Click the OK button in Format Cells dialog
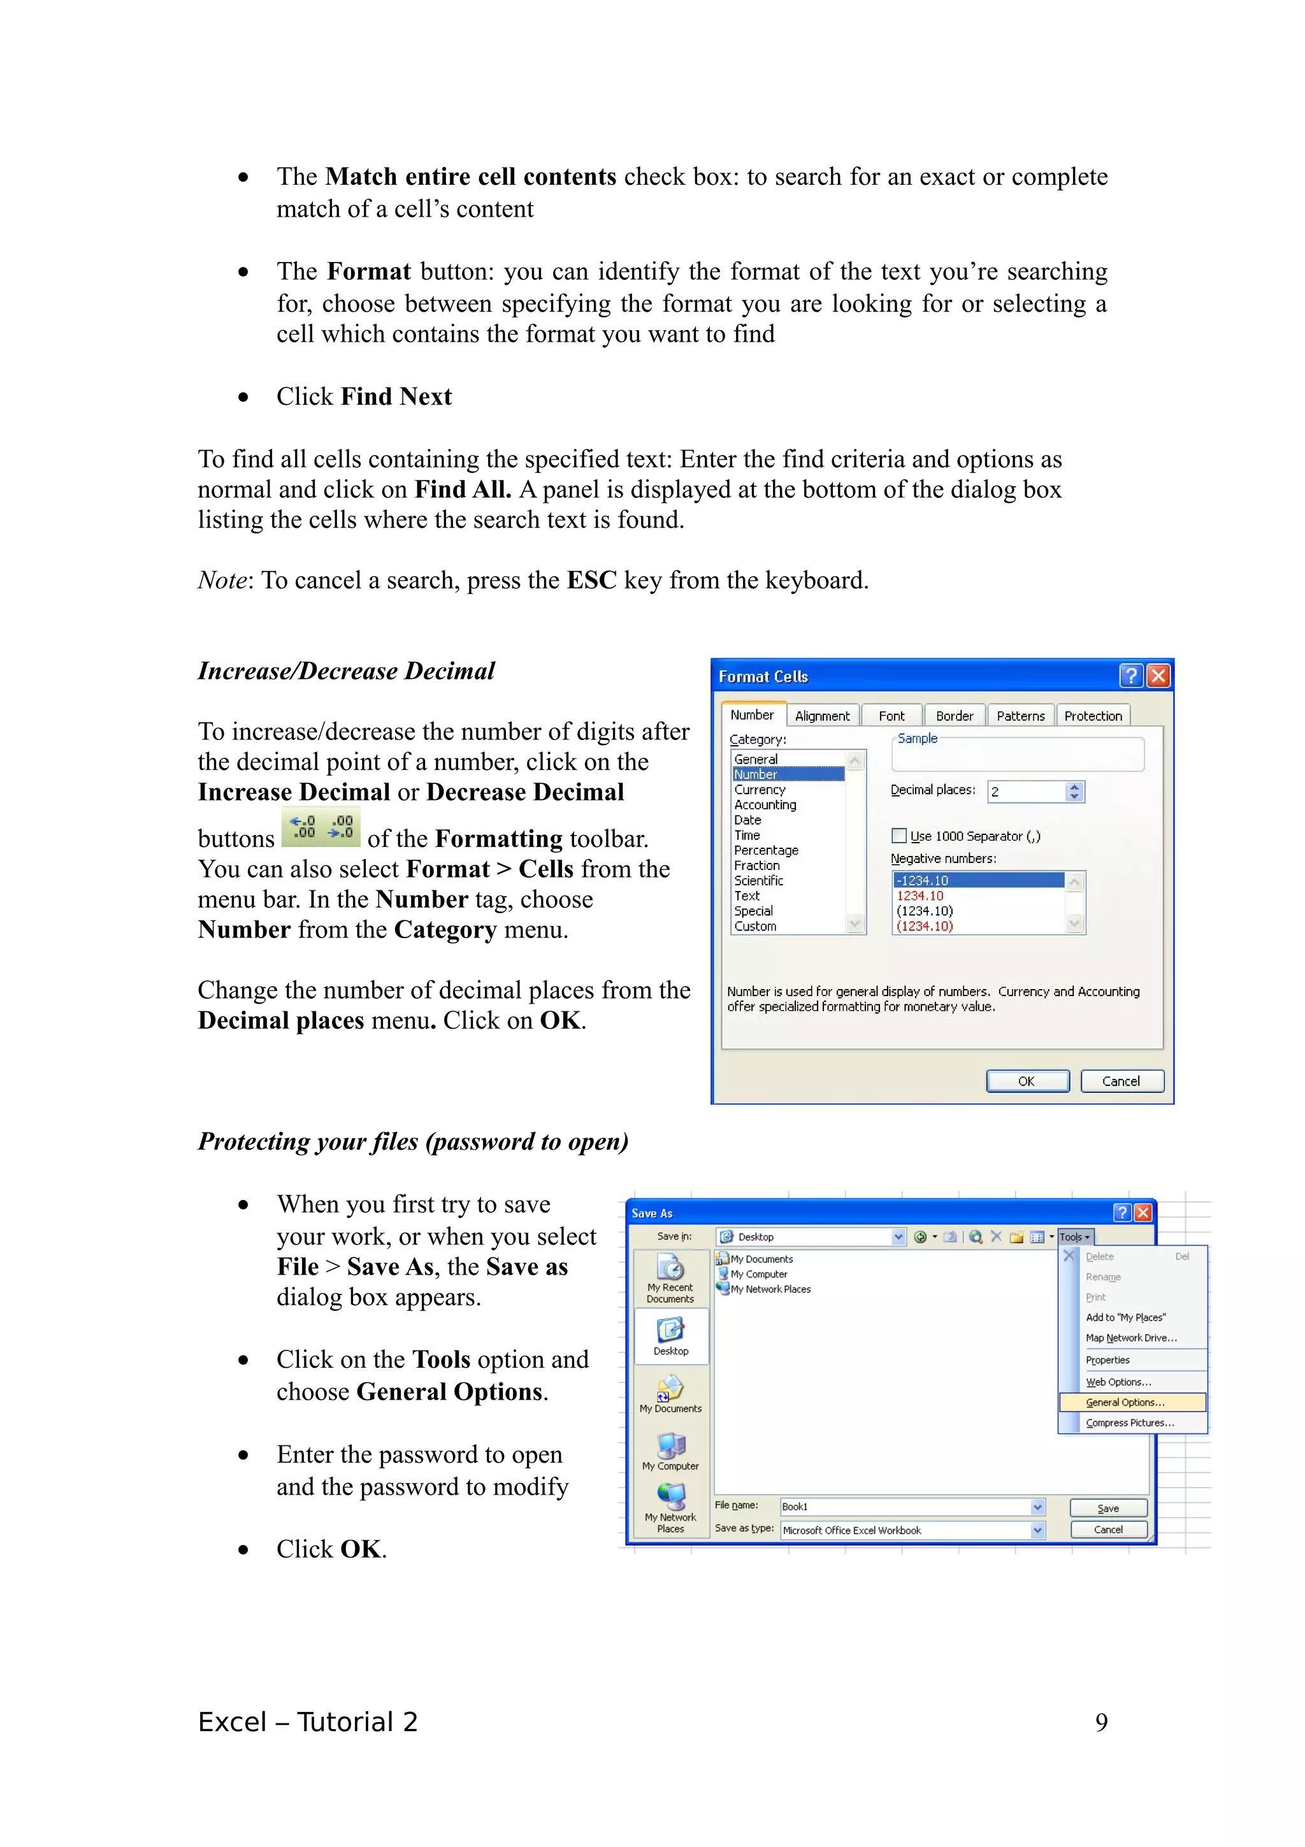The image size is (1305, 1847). pyautogui.click(x=1027, y=1080)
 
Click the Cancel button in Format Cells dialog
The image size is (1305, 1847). pyautogui.click(x=1121, y=1080)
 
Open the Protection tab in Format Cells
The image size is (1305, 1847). pyautogui.click(x=1092, y=715)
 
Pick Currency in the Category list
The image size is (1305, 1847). pyautogui.click(x=759, y=789)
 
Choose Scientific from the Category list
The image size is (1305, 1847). pyautogui.click(x=758, y=880)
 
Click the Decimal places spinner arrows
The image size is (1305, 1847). pyautogui.click(x=1074, y=792)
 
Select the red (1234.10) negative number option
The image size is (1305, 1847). pyautogui.click(x=924, y=926)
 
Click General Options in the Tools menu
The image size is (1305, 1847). pyautogui.click(x=1124, y=1402)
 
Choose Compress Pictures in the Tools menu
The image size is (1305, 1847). pyautogui.click(x=1129, y=1423)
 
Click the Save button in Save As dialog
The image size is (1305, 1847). pyautogui.click(x=1107, y=1509)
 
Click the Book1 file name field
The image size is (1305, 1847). pyautogui.click(x=905, y=1506)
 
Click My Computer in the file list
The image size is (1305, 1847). pyautogui.click(x=758, y=1274)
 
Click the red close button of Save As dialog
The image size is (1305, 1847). pyautogui.click(x=1142, y=1212)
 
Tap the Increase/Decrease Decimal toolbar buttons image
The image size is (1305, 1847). pyautogui.click(x=321, y=827)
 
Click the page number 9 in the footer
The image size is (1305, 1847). pyautogui.click(x=1100, y=1721)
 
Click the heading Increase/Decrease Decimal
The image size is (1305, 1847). pyautogui.click(x=346, y=671)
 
